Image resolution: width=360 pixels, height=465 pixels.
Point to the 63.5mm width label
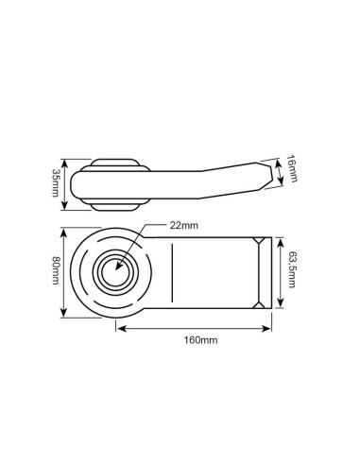pyautogui.click(x=293, y=270)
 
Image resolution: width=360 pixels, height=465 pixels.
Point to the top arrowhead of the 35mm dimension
pyautogui.click(x=65, y=157)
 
